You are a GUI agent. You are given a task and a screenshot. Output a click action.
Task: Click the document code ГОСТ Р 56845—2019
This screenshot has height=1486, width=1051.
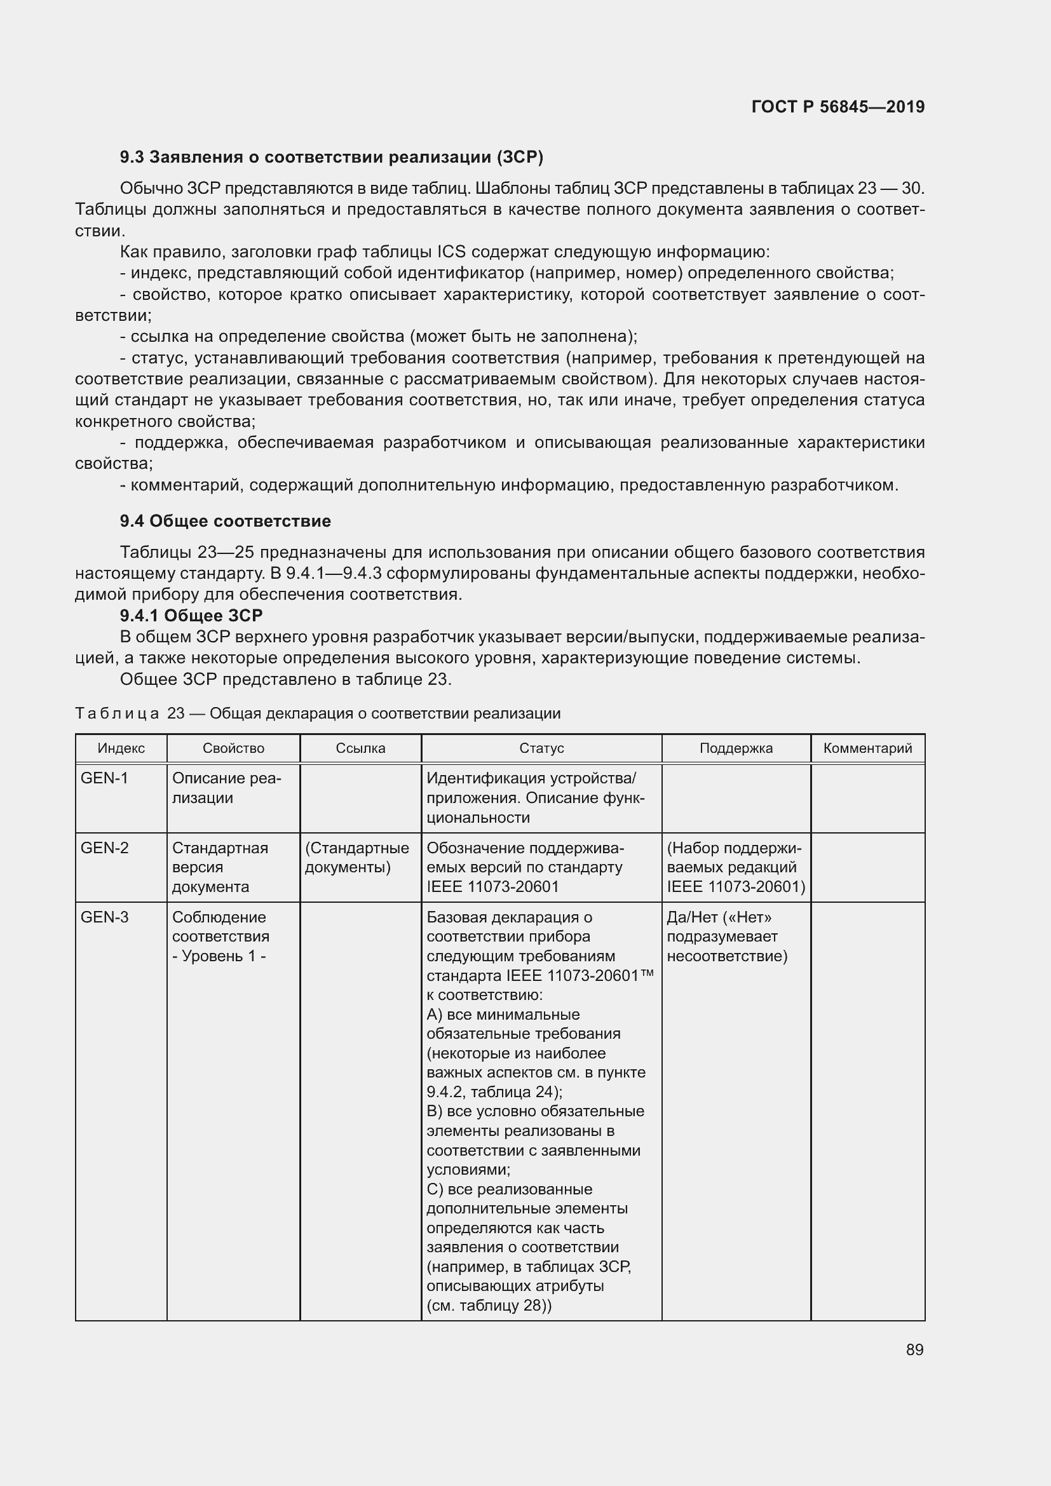coord(837,107)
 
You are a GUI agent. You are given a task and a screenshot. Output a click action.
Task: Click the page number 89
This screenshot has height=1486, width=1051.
coord(914,1349)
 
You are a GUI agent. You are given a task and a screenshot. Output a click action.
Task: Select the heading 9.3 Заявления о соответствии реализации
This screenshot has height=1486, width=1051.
coord(331,158)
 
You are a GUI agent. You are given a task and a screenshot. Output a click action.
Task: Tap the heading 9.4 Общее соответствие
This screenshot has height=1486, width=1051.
coord(225,521)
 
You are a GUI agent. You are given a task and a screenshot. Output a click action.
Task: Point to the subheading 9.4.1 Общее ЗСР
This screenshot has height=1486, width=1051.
coord(191,616)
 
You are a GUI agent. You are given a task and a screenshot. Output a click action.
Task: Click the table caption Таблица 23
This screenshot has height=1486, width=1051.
coord(317,713)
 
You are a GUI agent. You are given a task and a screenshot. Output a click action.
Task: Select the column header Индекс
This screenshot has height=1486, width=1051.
coord(121,749)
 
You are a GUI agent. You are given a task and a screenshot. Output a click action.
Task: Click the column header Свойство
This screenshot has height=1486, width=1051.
coord(233,749)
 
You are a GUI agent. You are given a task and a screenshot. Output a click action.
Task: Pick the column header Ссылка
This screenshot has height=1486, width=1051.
coord(360,749)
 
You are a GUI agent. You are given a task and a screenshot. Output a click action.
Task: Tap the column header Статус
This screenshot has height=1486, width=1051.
coord(541,749)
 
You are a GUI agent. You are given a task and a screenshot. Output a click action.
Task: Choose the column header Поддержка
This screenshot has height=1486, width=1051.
coord(736,749)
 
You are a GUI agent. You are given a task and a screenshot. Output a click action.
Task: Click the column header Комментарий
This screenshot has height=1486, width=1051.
coord(867,749)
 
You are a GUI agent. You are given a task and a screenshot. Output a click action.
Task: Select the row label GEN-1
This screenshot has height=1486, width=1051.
coord(104,779)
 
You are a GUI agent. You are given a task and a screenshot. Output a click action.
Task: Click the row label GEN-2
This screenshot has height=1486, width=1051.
coord(104,848)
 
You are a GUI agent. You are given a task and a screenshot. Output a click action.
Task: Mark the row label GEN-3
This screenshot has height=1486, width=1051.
coord(104,917)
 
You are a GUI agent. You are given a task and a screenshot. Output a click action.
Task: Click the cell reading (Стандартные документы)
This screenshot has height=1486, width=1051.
coord(356,858)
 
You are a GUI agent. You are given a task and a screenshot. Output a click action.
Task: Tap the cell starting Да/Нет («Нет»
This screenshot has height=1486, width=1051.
coord(727,936)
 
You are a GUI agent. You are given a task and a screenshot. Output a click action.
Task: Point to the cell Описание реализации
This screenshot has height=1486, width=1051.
coord(226,788)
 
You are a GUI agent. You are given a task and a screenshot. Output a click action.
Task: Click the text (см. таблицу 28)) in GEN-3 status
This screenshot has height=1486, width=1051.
coord(489,1306)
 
